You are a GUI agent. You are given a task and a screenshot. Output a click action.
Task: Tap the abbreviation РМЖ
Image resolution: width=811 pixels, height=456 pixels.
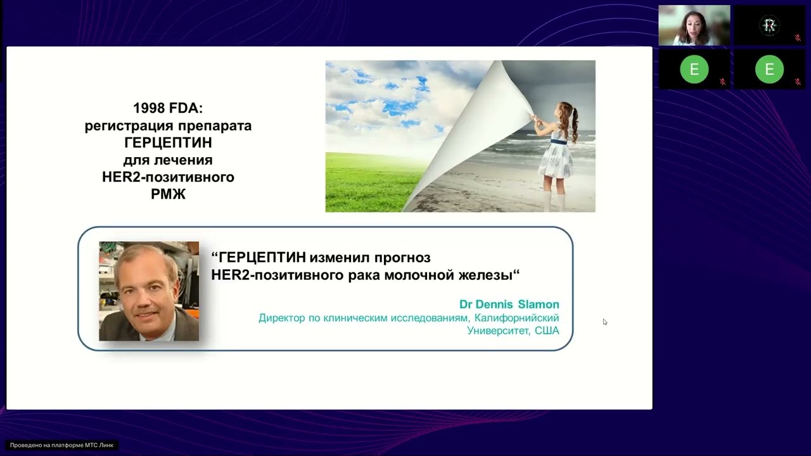[168, 194]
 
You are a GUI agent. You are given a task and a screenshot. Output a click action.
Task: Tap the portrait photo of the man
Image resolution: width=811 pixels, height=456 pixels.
[149, 291]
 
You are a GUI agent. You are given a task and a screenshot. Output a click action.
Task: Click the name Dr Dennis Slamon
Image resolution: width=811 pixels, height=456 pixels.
[509, 305]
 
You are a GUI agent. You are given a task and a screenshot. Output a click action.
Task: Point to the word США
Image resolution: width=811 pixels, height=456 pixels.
[546, 331]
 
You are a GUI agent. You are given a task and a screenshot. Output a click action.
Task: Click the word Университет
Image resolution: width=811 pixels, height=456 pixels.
[497, 331]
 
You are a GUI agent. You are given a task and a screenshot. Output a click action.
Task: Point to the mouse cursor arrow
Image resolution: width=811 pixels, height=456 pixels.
[604, 322]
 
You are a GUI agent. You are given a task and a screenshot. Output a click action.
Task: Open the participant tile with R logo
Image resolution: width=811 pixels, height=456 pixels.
[769, 25]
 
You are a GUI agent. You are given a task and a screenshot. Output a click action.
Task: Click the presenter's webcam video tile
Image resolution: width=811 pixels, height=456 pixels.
[694, 25]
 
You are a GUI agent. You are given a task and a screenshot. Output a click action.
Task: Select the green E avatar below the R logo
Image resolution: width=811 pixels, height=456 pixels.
[769, 70]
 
